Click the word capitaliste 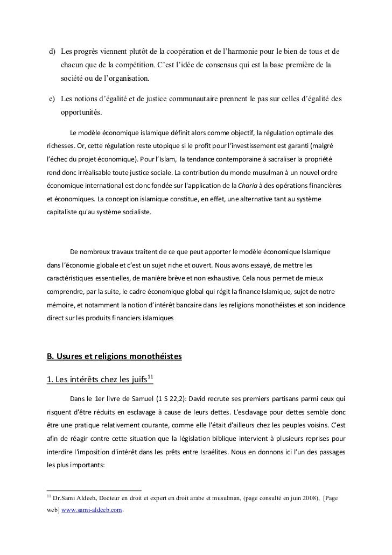tap(63, 212)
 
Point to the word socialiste tap(135, 212)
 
